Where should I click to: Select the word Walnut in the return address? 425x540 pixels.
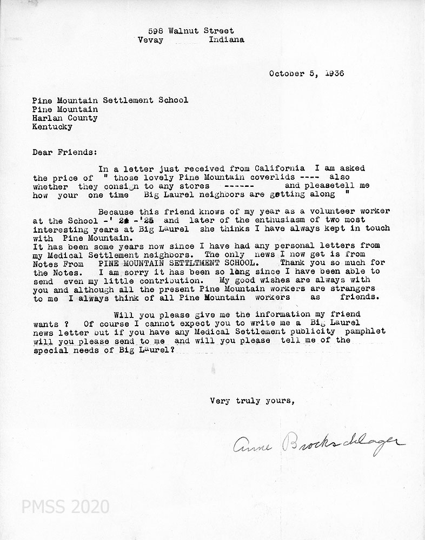[x=184, y=31]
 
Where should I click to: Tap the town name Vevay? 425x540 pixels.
[x=149, y=39]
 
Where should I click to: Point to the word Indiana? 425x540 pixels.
[x=226, y=39]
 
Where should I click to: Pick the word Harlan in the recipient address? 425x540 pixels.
[x=45, y=118]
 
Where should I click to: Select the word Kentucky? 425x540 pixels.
[x=52, y=127]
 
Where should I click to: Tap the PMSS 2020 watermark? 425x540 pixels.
[x=65, y=507]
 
